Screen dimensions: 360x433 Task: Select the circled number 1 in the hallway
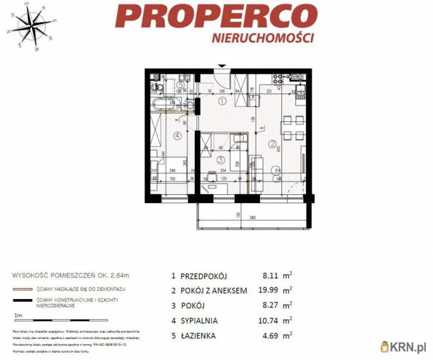coord(222,101)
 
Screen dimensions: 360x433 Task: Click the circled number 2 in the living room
coord(272,143)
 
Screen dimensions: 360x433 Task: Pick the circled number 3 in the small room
coord(220,159)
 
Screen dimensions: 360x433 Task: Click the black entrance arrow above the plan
coord(221,66)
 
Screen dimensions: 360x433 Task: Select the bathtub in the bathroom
coord(167,105)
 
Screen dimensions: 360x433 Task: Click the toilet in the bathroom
coord(157,88)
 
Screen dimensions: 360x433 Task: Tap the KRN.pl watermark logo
coord(404,346)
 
